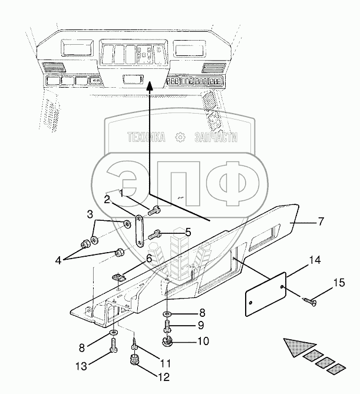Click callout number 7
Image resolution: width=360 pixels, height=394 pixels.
[x=321, y=222]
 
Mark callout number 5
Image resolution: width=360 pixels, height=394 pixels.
[x=188, y=232]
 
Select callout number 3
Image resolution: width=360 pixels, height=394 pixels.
[x=90, y=213]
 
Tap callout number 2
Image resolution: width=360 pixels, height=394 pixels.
[x=107, y=200]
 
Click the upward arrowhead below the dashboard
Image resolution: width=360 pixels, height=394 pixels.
[x=150, y=87]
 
